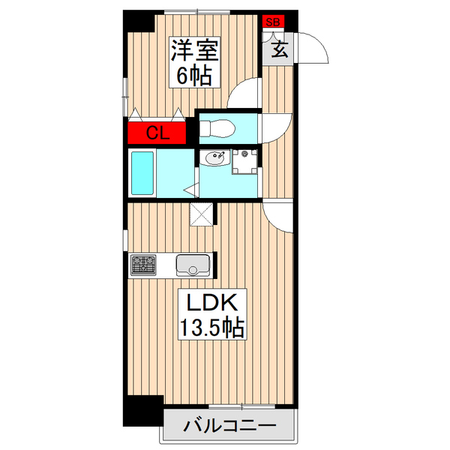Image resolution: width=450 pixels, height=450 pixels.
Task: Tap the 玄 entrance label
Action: [x=278, y=50]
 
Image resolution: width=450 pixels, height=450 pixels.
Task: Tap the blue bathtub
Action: [x=142, y=172]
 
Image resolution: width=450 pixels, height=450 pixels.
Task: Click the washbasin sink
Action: [x=214, y=159]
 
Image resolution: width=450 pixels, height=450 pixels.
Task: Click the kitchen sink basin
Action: [x=193, y=265]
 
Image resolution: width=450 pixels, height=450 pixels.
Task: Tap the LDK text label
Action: [x=211, y=304]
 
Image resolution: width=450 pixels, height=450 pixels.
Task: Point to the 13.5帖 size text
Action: [x=211, y=328]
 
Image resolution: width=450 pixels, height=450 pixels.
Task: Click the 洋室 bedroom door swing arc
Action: [x=244, y=94]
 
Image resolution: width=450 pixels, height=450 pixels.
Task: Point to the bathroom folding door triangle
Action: [x=190, y=189]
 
